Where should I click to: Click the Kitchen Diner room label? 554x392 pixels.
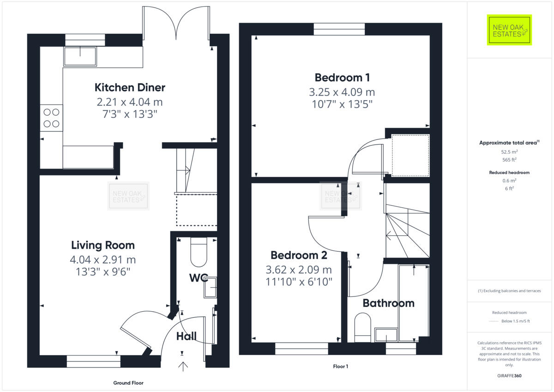[130, 87]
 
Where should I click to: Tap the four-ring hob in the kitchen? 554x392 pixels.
[51, 118]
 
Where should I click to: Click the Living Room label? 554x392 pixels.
[103, 245]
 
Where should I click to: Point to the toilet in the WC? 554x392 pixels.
[199, 252]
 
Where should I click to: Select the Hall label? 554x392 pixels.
[187, 337]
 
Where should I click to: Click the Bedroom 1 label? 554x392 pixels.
[342, 77]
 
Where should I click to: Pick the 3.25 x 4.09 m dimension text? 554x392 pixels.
[342, 92]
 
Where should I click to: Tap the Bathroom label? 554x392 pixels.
[388, 303]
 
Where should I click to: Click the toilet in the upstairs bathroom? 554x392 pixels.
[363, 326]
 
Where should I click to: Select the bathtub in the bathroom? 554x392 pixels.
[414, 302]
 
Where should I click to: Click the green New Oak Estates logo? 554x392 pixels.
[509, 30]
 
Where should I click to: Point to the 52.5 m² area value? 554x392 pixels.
[509, 151]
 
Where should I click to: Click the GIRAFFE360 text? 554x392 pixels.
[509, 376]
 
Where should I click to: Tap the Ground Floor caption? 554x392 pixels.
[128, 383]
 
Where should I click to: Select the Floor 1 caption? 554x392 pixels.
[340, 367]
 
